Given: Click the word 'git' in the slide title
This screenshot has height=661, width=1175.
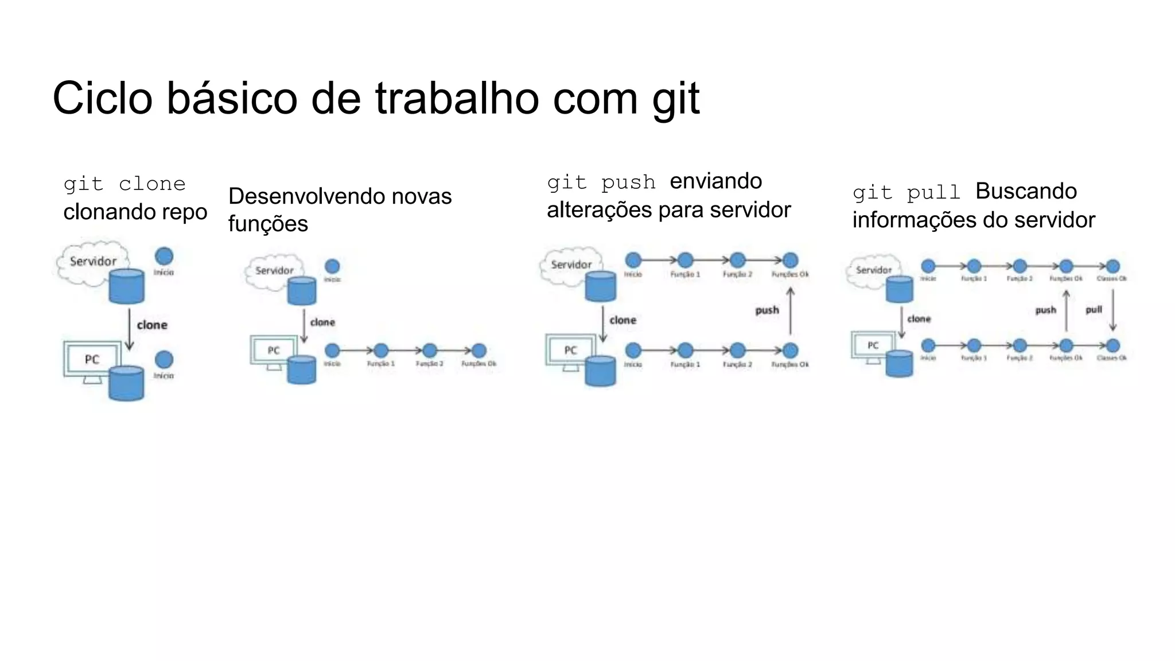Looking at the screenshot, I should [676, 99].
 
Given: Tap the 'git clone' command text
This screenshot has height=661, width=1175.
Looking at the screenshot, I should [124, 184].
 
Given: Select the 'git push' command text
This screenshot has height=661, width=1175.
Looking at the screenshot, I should [601, 182].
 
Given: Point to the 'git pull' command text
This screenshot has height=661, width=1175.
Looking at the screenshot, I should [906, 192].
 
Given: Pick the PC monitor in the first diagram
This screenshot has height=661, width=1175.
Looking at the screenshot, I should [92, 360].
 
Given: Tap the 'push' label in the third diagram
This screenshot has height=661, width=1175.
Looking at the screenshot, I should [767, 310].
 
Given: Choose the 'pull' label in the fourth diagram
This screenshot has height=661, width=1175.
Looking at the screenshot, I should [1094, 310].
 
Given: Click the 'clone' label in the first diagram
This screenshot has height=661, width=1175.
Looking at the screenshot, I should [152, 325].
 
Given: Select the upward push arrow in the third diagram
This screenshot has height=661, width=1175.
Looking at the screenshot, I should [791, 311].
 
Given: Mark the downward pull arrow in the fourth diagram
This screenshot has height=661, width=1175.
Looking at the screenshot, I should [1113, 310].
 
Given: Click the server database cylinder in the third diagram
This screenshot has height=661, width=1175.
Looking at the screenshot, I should [601, 286].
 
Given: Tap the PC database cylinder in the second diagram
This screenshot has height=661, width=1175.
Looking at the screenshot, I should [302, 370].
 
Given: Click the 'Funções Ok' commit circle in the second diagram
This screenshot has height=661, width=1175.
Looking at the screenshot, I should [479, 351].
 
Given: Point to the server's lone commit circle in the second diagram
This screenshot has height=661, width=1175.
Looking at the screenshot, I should [332, 266].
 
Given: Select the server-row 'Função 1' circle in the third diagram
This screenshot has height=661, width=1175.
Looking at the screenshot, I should [685, 260].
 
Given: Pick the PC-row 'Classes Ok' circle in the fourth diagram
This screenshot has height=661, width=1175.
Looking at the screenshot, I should [1112, 345].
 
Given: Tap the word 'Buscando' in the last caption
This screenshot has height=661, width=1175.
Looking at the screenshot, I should [1026, 191].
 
